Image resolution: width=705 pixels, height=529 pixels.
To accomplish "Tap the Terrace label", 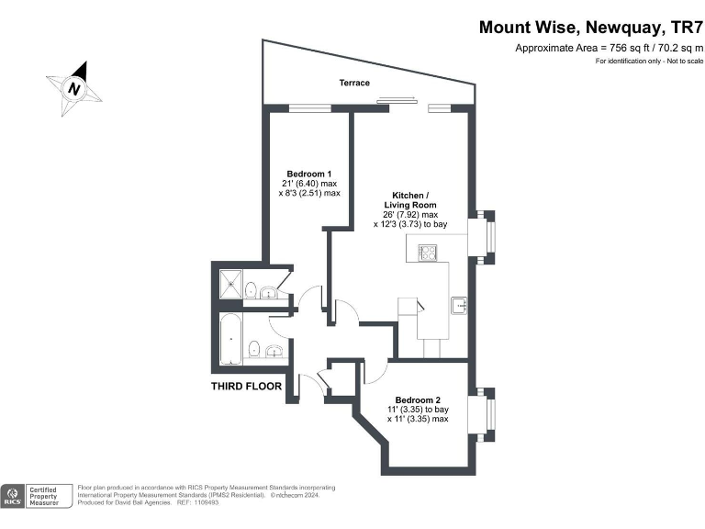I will point(354,83).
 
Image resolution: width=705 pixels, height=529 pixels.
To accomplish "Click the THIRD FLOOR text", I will point(247,386).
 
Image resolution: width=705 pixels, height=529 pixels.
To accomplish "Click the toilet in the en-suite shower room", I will point(251,289).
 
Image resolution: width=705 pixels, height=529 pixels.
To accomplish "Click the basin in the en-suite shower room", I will point(269,294).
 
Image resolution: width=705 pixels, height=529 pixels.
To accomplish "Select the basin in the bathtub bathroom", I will point(273,350).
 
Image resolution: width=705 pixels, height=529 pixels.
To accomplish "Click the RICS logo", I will point(13,496).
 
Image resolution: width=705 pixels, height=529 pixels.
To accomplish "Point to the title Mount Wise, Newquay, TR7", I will point(590,28).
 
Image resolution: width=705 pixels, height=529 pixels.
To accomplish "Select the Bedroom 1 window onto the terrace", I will point(309,107).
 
